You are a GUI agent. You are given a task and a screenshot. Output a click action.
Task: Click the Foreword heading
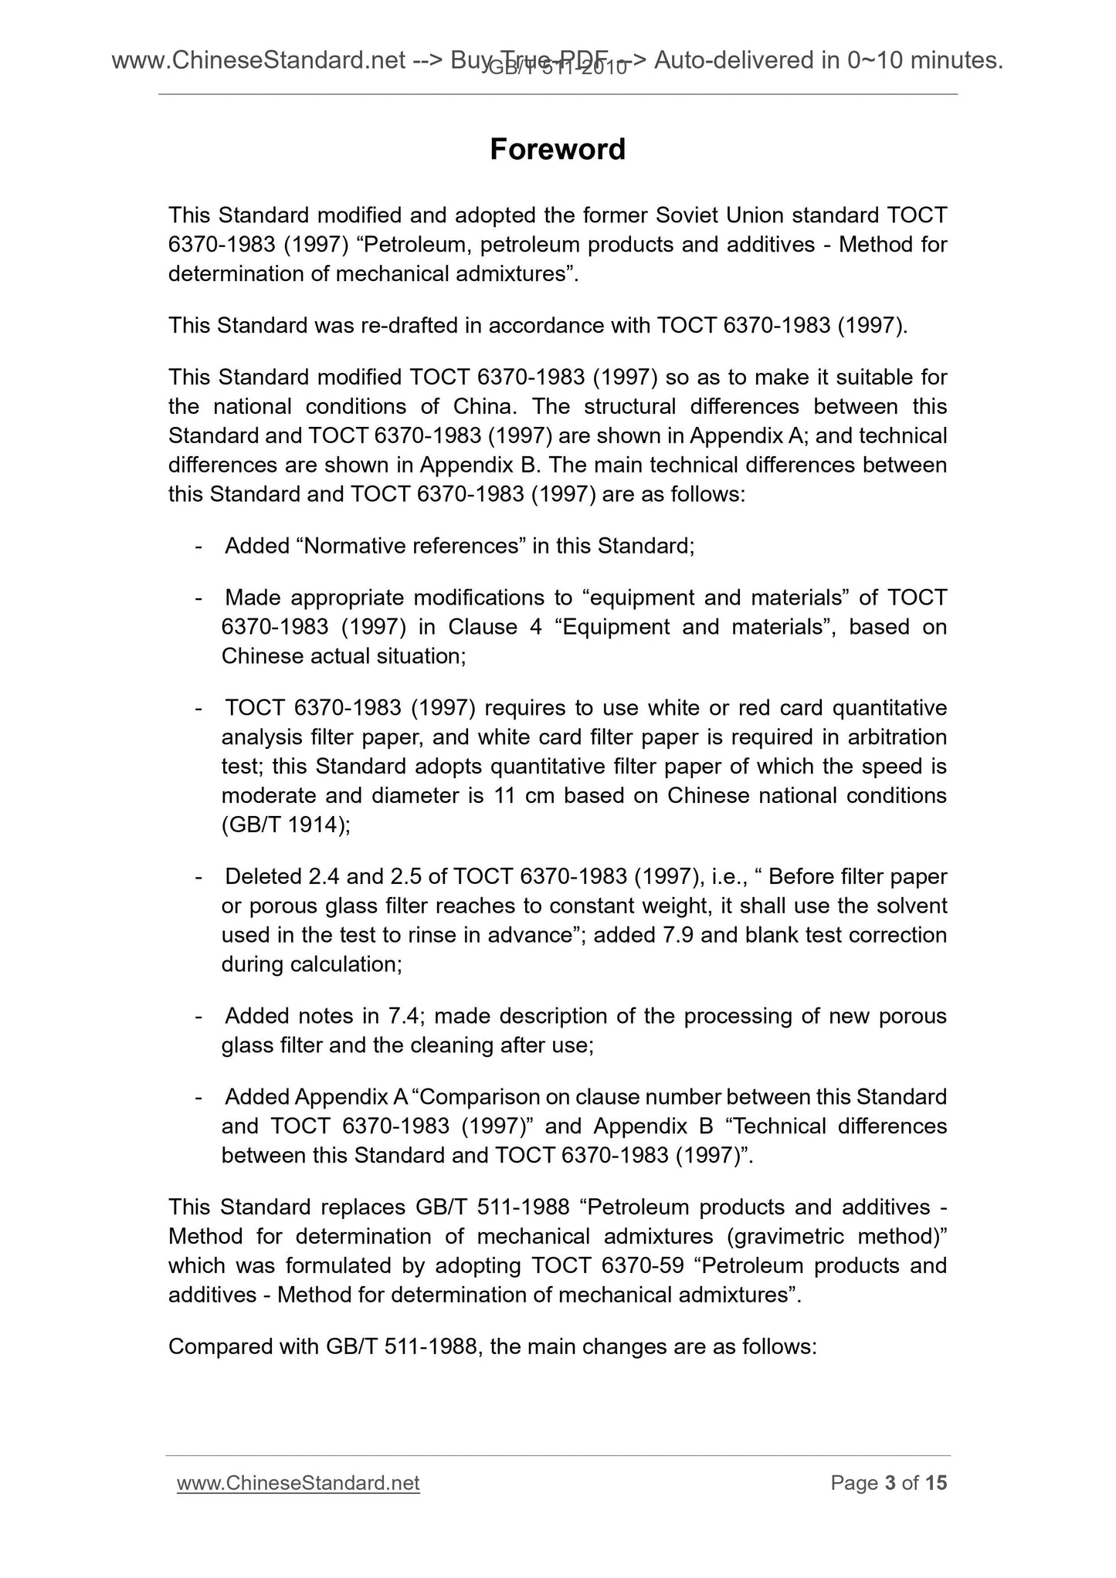[x=558, y=149]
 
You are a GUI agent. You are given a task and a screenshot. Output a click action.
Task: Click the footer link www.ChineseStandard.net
[x=298, y=1483]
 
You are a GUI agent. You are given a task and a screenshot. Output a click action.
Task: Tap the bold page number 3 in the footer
[x=890, y=1483]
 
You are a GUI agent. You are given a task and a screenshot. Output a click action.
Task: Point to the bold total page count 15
[x=936, y=1483]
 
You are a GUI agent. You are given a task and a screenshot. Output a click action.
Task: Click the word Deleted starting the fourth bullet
[x=263, y=876]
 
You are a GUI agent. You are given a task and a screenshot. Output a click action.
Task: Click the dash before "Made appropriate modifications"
[x=199, y=598]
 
